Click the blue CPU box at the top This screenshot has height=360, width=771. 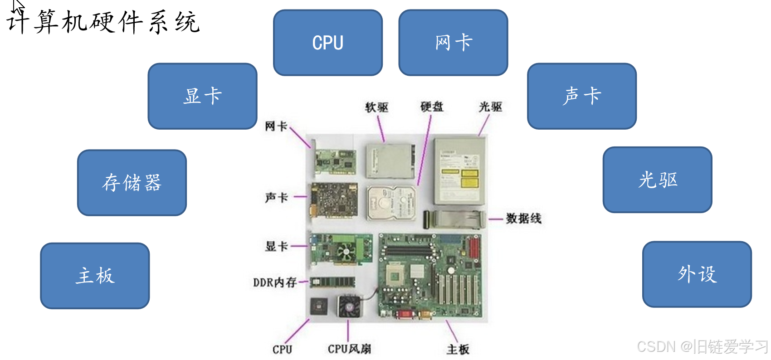328,43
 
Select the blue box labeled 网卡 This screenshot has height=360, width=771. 453,43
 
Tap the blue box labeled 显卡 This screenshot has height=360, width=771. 202,96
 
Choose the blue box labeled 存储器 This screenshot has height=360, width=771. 132,183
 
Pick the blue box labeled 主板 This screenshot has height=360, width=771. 95,276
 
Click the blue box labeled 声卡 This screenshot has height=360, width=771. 582,96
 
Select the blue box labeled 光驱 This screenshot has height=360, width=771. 658,180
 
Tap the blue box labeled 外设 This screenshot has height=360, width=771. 697,274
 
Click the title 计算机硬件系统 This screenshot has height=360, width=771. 103,22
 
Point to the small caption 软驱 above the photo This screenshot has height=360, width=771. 377,107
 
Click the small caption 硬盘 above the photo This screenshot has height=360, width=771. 432,107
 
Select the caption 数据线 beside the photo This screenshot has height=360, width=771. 524,219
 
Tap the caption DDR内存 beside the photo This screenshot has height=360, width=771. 275,282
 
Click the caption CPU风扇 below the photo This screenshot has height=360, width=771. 349,349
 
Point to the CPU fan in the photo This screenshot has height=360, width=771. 350,306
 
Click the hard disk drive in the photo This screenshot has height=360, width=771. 391,203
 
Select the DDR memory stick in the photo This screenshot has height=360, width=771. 332,282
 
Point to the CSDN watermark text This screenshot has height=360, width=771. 702,347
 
